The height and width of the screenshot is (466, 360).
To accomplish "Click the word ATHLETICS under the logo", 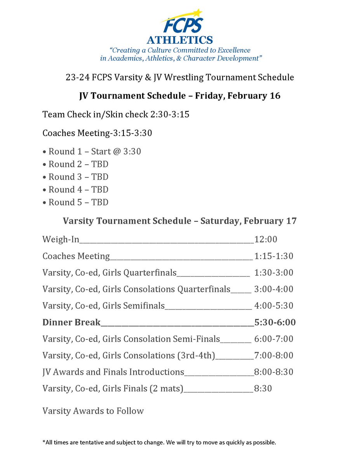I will pos(179,40).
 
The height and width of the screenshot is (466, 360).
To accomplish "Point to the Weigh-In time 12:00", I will pos(266,240).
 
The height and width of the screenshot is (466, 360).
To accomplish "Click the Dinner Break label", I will pos(71,322).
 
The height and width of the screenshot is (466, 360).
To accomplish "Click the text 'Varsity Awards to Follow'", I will pos(93,410).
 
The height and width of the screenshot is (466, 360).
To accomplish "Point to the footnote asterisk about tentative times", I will pos(43,442).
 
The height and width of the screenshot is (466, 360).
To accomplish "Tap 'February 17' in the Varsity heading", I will pos(273,221).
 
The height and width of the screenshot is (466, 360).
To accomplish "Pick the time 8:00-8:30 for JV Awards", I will pos(273,372).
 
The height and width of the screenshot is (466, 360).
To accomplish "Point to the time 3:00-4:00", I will pos(273,289).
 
